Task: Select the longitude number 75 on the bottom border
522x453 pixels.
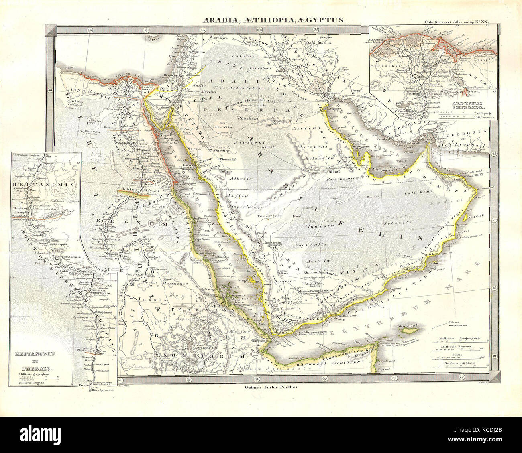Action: click(463, 378)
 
